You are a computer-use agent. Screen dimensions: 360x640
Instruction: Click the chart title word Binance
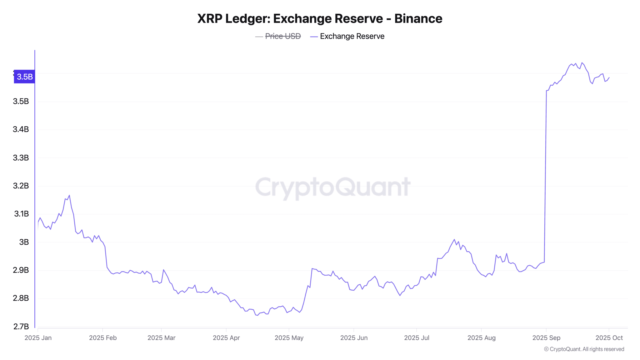click(418, 19)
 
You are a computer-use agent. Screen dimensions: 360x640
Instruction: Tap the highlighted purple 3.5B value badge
click(24, 77)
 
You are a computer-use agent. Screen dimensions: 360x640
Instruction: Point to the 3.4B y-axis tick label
click(21, 129)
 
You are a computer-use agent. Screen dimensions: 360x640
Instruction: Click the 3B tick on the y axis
click(24, 242)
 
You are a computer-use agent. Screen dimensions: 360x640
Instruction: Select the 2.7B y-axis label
click(21, 327)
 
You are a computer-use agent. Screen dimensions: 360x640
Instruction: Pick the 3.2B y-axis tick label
click(21, 186)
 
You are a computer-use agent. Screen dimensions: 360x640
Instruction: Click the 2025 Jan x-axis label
click(38, 338)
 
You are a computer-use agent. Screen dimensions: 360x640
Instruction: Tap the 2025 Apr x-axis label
click(226, 338)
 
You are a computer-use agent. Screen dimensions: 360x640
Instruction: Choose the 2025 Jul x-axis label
click(417, 338)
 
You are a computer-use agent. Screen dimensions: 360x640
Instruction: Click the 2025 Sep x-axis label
click(546, 338)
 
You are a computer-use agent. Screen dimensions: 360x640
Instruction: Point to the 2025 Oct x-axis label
click(609, 338)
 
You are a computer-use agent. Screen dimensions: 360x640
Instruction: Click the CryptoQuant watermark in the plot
click(333, 187)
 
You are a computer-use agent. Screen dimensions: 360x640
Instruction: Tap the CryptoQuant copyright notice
click(584, 349)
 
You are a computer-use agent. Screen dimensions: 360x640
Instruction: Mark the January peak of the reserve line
click(69, 195)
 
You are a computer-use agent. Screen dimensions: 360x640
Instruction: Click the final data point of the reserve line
click(609, 77)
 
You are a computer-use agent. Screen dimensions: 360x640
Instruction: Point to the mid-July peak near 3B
click(454, 239)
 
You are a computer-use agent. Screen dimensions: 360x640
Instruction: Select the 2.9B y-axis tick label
click(21, 270)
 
